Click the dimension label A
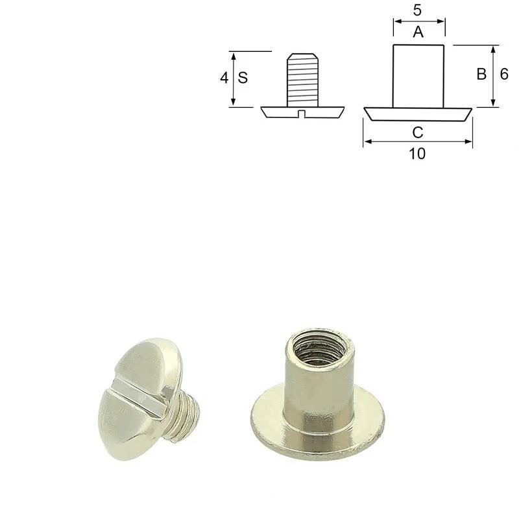[418, 32]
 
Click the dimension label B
[481, 75]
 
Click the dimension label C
[418, 132]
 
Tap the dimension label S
[243, 78]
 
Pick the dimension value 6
[504, 74]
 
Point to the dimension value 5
[418, 10]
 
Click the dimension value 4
[223, 78]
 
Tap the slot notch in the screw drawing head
[302, 115]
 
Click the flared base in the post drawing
[418, 114]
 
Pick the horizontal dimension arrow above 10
[418, 141]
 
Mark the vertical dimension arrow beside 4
[233, 79]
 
